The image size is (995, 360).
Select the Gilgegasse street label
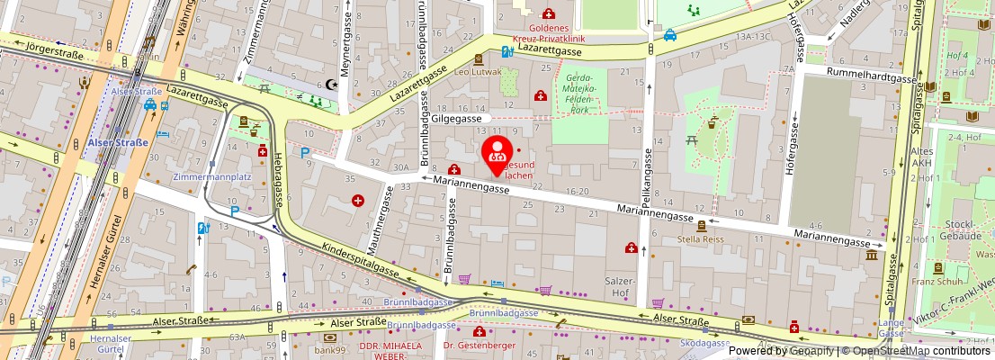458,118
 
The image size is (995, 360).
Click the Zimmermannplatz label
211,177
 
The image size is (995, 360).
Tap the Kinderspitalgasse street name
360,259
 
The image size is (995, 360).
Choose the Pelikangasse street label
647,175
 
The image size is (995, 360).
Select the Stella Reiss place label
701,240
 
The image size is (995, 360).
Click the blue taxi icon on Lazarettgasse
670,35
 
